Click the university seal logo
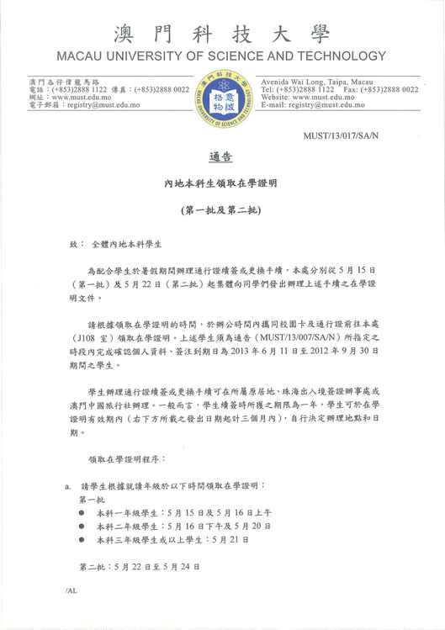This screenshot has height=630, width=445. (222, 100)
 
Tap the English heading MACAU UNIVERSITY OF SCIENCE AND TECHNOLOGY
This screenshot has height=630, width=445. (222, 57)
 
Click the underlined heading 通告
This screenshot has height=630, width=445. (221, 158)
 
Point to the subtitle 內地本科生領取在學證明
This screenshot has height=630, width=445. (221, 182)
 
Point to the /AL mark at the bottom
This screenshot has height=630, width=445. (71, 592)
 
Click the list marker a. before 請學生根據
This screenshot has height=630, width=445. (67, 485)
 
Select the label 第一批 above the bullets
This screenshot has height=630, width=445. (91, 498)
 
